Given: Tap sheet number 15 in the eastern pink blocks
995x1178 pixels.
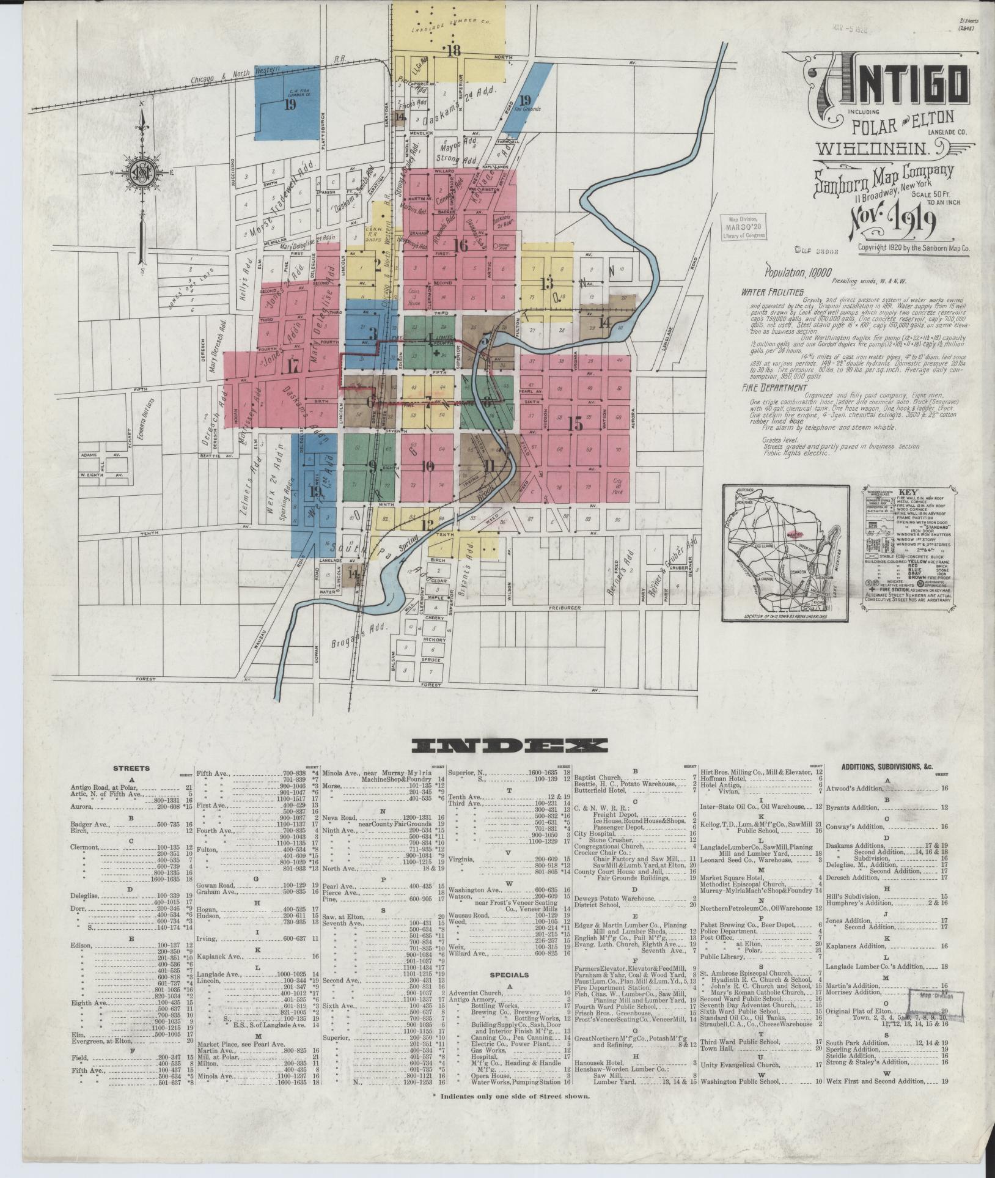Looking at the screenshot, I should [575, 424].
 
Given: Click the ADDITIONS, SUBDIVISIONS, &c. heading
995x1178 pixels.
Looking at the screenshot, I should [887, 767].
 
